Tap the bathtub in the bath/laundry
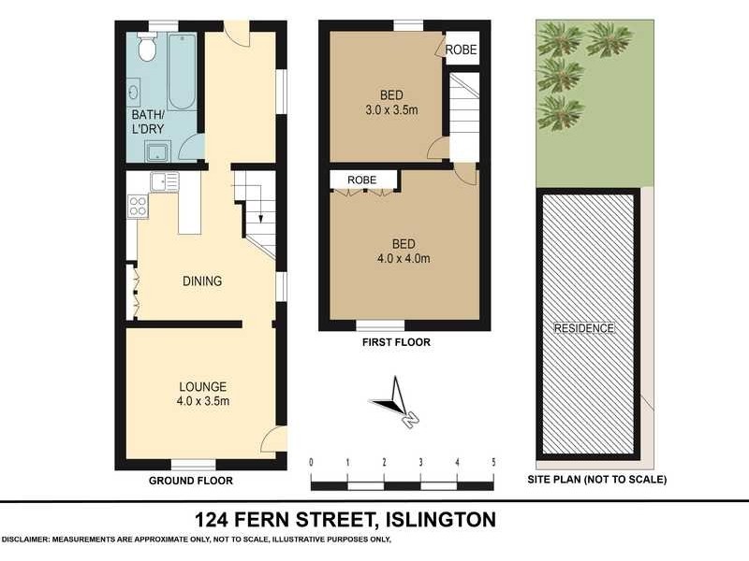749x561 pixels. click(182, 72)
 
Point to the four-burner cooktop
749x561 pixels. click(138, 205)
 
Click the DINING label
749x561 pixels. click(202, 280)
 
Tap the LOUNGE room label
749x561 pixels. click(203, 386)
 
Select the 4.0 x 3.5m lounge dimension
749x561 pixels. click(203, 401)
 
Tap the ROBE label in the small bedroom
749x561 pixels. click(460, 50)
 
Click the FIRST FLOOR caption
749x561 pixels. click(396, 342)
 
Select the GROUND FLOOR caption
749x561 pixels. click(191, 481)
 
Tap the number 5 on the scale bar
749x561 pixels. click(492, 462)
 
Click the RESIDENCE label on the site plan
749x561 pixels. click(583, 328)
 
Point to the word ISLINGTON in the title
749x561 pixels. click(443, 518)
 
